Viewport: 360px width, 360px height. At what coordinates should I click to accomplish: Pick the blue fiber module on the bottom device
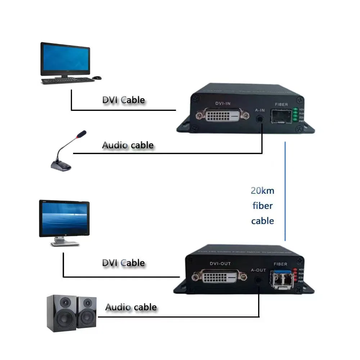coord(282,278)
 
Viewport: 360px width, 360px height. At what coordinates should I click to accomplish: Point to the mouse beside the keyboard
coord(96,77)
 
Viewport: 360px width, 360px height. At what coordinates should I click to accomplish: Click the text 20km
coord(262,190)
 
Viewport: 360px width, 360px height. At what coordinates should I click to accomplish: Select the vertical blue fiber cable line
coord(285,191)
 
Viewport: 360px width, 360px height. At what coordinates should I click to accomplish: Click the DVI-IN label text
coord(223,104)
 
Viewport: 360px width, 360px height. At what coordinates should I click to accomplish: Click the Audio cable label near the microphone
coord(128,145)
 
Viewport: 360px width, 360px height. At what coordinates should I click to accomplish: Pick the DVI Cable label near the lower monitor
coord(123,263)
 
